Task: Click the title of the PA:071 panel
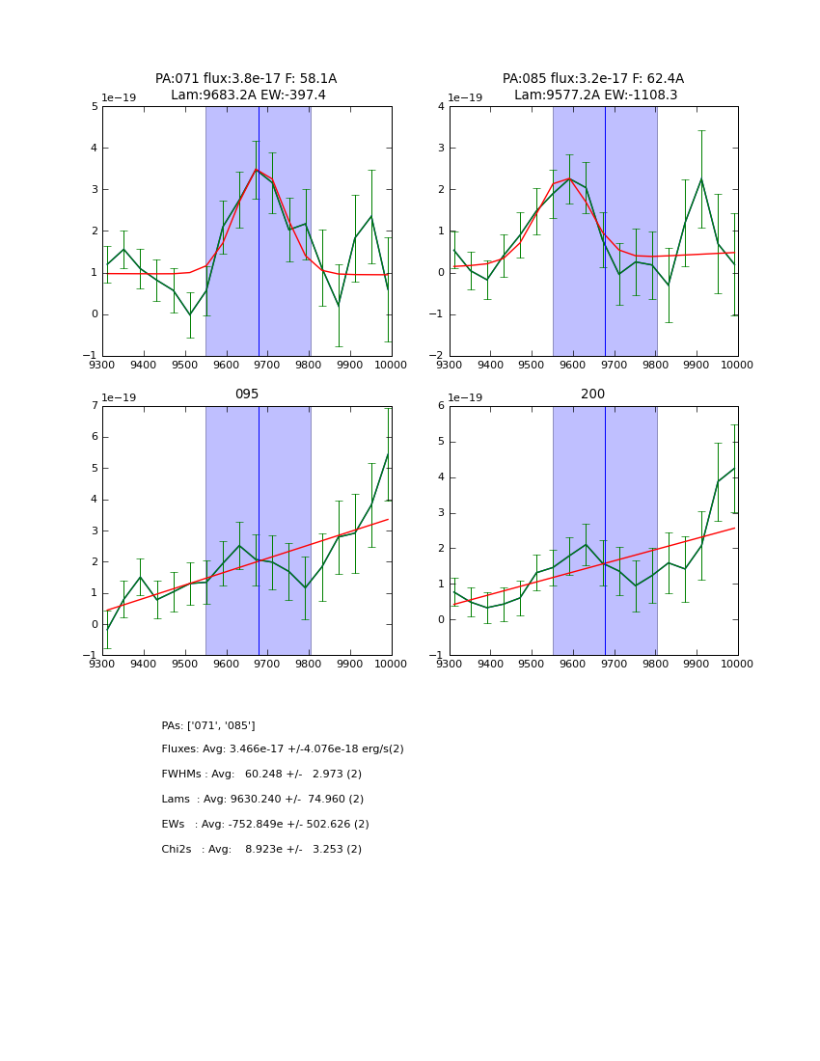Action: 246,87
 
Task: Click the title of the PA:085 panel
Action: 593,87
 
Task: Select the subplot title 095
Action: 246,394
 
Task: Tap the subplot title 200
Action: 592,394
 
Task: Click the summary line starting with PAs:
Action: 208,725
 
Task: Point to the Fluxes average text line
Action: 283,749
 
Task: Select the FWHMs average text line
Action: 261,775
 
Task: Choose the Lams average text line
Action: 262,800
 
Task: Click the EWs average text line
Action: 265,825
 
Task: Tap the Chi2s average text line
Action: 261,850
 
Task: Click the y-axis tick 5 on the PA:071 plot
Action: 95,107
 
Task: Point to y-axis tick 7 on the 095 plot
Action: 95,406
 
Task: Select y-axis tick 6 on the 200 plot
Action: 441,406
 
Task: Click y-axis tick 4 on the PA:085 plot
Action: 441,107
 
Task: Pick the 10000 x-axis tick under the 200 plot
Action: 737,665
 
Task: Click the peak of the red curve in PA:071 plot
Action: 257,170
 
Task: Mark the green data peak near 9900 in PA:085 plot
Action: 701,178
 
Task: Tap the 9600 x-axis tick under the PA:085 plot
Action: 573,365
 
